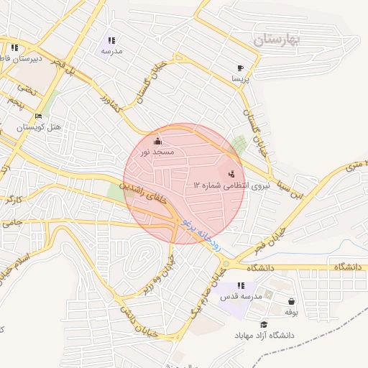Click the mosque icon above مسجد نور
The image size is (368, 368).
pyautogui.click(x=158, y=141)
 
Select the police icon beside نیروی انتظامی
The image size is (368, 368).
pyautogui.click(x=231, y=173)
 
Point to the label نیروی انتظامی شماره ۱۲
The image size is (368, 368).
pyautogui.click(x=220, y=185)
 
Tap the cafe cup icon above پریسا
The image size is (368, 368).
pyautogui.click(x=239, y=68)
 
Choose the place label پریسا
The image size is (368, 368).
pyautogui.click(x=239, y=80)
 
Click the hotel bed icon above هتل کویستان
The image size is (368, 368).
pyautogui.click(x=39, y=116)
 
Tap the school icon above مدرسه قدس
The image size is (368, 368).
pyautogui.click(x=240, y=285)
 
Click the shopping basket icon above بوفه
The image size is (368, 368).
pyautogui.click(x=291, y=301)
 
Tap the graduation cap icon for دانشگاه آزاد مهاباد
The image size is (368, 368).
pyautogui.click(x=264, y=324)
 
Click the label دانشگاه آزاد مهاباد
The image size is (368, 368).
pyautogui.click(x=264, y=336)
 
